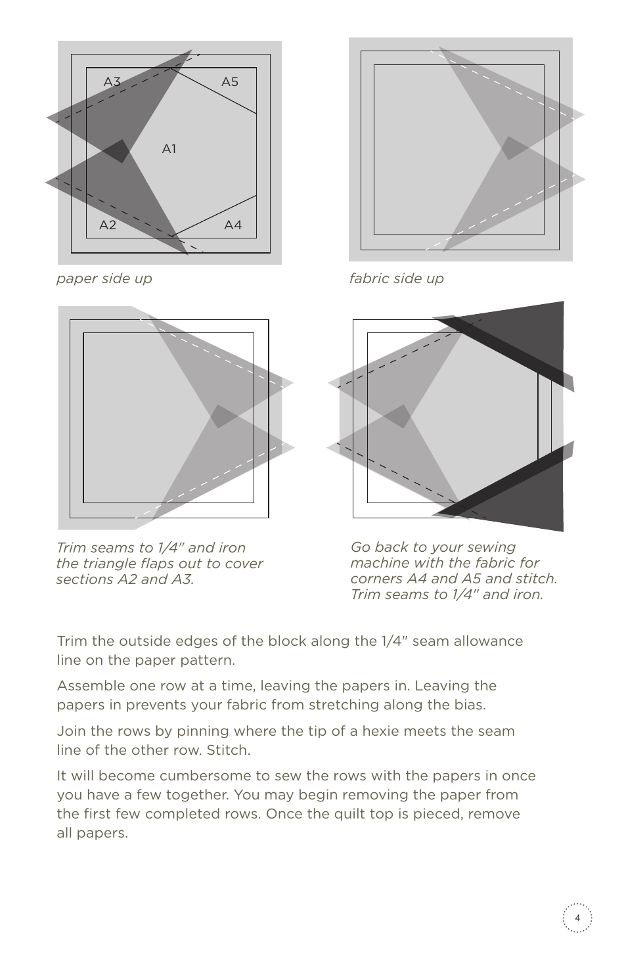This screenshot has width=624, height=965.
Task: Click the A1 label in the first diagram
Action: [x=169, y=149]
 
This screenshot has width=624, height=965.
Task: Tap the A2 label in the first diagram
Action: [x=108, y=225]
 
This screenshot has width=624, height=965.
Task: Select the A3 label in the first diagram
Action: [x=112, y=82]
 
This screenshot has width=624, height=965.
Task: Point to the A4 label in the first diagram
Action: [x=233, y=225]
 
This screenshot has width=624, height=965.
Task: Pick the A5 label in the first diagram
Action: [x=230, y=82]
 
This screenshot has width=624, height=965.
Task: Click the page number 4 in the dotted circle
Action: [x=577, y=918]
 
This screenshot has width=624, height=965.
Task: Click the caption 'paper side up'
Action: [x=104, y=279]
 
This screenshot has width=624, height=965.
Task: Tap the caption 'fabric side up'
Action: [x=396, y=279]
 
